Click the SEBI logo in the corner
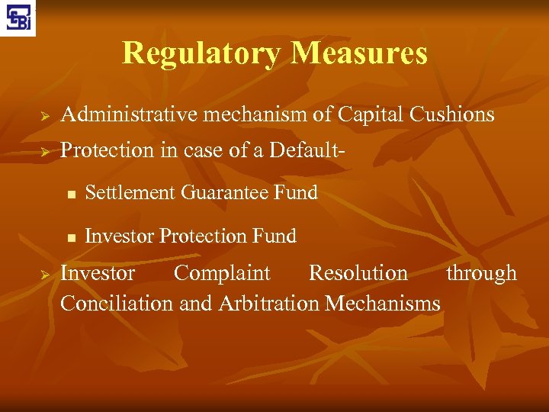tap(18, 18)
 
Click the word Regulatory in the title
tap(202, 53)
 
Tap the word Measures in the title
tap(359, 53)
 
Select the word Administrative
tap(127, 115)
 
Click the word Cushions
tap(452, 115)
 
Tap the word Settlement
tap(130, 193)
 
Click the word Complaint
tap(222, 273)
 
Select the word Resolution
tap(358, 273)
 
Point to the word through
tap(481, 273)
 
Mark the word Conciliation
tap(117, 304)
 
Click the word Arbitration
tap(268, 304)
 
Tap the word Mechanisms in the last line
tap(382, 304)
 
